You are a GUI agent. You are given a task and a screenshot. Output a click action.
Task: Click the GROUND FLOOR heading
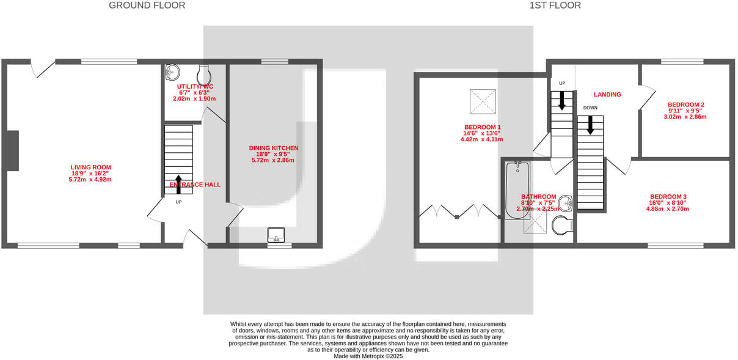point(147,6)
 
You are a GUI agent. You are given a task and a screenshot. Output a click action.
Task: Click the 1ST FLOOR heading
point(555,6)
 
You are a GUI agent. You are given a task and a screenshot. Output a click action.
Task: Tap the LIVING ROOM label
point(90,167)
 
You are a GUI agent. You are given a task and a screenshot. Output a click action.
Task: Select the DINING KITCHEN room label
point(273,148)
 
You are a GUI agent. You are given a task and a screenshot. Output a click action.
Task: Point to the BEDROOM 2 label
point(685,105)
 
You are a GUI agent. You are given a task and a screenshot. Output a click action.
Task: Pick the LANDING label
point(607,95)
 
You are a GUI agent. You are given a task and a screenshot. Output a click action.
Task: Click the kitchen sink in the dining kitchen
point(276,235)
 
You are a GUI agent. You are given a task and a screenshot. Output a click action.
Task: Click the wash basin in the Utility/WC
point(171,72)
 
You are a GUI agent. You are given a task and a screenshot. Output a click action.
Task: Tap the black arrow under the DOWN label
point(590,125)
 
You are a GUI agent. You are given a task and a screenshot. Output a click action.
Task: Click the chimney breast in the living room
point(12,151)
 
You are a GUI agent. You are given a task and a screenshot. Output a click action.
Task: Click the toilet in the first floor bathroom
point(561,227)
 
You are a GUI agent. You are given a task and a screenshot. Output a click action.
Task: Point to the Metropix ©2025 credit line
point(368,356)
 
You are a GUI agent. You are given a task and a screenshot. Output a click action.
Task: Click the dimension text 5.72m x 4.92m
point(90,180)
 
